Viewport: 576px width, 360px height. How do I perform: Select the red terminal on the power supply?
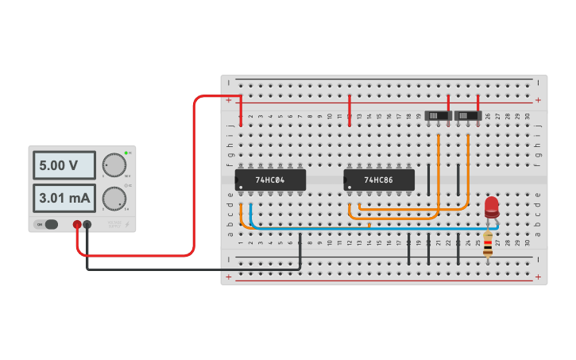77,225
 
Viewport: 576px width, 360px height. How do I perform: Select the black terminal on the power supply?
87,225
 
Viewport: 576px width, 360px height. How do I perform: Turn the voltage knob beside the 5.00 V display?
114,165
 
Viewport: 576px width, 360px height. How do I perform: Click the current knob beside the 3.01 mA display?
114,197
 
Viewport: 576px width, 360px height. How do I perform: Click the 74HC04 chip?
270,180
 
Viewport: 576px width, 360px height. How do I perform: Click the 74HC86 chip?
379,180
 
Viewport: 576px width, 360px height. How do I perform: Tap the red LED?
492,207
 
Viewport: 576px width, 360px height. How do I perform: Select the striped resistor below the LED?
487,246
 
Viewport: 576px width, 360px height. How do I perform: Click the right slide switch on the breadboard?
467,116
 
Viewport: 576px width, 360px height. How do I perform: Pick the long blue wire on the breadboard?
373,227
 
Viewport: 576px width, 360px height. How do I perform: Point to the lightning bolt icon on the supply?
126,224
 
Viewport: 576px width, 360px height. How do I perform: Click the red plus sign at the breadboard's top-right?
538,100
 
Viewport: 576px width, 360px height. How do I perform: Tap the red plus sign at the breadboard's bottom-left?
229,277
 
